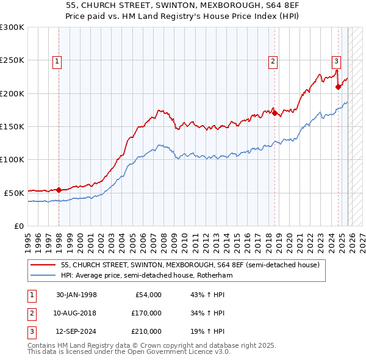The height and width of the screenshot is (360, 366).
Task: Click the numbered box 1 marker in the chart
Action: click(57, 60)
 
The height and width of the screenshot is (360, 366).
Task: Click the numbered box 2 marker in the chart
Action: click(272, 60)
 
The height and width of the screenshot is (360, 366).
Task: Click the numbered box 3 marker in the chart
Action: click(336, 60)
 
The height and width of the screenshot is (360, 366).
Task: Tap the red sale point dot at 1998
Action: click(59, 190)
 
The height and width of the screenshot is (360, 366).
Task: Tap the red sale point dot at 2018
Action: click(274, 113)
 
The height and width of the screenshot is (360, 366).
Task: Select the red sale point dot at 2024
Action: click(338, 87)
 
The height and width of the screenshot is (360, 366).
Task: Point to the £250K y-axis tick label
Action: click(12, 60)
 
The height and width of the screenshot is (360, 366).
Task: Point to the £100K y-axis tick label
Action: click(12, 159)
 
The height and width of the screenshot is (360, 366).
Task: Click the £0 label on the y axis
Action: click(18, 226)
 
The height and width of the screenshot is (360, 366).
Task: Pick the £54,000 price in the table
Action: click(148, 295)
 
